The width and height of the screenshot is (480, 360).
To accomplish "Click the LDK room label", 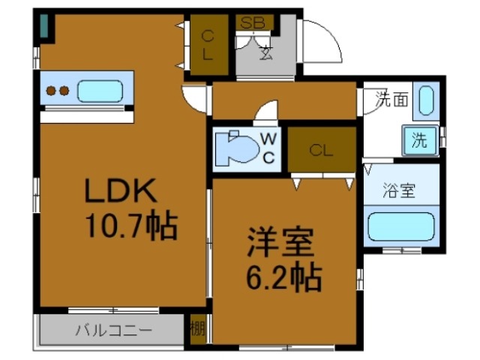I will click(x=121, y=192).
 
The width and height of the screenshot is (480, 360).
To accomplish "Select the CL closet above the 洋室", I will click(x=321, y=150).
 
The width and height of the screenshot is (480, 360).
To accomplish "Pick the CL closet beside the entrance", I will click(x=208, y=44).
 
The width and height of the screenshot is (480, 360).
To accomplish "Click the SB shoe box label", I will click(x=252, y=22).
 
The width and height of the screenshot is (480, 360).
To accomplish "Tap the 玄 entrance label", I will click(x=266, y=52).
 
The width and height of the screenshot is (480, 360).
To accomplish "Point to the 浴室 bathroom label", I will click(x=398, y=190).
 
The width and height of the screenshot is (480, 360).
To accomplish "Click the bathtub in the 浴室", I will click(x=400, y=226).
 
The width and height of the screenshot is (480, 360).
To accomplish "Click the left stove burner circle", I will click(x=52, y=91).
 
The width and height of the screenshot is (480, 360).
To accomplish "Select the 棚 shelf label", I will click(x=197, y=328).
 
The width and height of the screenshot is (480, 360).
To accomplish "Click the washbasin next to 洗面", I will click(x=425, y=100).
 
